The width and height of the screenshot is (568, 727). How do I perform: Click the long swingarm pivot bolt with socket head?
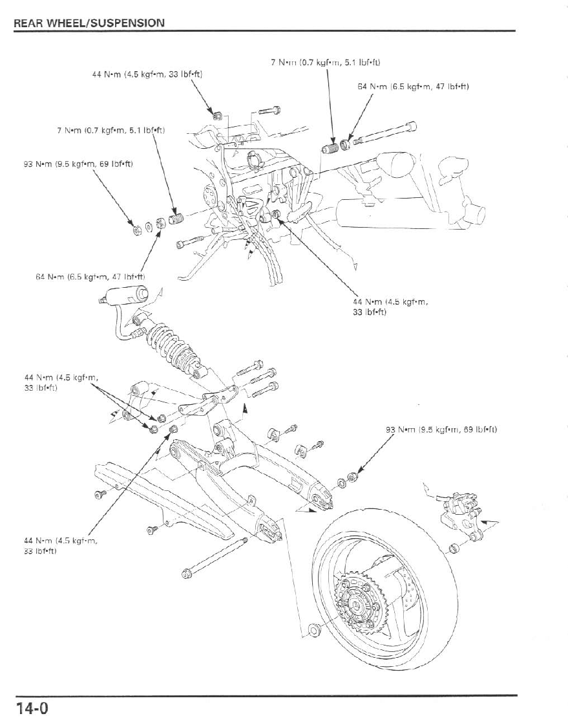click(384, 135)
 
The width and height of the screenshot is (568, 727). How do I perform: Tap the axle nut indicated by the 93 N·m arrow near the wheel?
click(352, 477)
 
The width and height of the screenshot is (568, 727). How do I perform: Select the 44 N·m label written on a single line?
click(147, 74)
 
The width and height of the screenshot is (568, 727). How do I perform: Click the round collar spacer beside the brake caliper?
click(452, 549)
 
